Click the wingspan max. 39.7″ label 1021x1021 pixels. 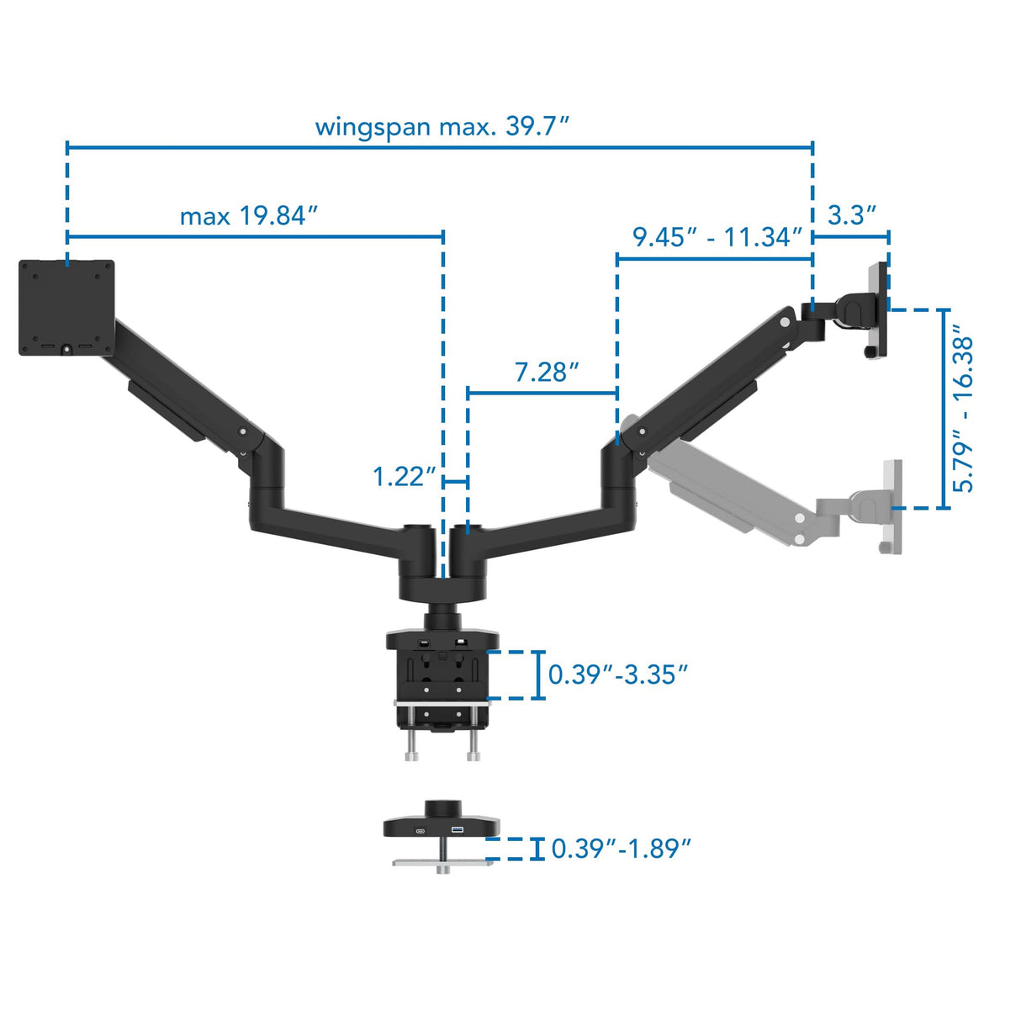tap(442, 126)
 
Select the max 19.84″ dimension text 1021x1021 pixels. tap(249, 216)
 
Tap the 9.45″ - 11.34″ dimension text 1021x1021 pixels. tap(717, 237)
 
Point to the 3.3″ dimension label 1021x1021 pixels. tap(852, 215)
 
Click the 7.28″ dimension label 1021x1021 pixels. tap(547, 372)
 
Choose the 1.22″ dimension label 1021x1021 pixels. tap(405, 477)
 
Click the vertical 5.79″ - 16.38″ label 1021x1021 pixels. tap(964, 413)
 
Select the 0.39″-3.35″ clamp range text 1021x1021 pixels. tap(618, 674)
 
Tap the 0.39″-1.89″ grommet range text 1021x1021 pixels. tap(621, 848)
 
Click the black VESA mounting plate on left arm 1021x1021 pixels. tap(66, 308)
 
